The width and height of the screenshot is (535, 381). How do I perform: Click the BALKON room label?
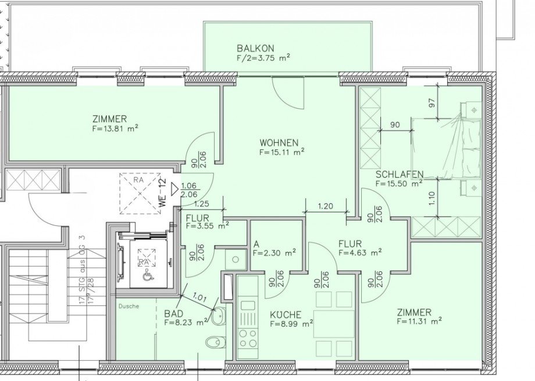pos(255,48)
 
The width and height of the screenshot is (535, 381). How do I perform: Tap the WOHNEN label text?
pos(279,142)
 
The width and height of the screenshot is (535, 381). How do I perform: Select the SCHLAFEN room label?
pos(399,174)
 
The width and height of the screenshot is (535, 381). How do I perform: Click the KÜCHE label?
pos(286,315)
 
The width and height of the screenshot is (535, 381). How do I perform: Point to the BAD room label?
pos(173,312)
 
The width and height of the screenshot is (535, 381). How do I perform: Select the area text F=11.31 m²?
pos(419,320)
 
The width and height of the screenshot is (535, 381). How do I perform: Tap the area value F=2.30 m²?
pos(274,253)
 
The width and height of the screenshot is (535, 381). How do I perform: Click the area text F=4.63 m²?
pos(360,253)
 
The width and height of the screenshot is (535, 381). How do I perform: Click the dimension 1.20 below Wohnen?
pos(326,206)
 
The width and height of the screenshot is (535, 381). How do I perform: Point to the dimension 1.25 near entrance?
pos(201,204)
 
